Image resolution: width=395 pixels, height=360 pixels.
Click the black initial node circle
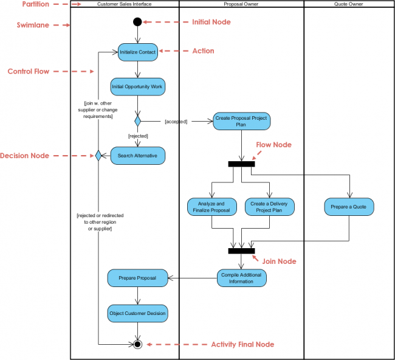coord(137,22)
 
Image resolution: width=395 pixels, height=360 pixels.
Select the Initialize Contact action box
coord(137,52)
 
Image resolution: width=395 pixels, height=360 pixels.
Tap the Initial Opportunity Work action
coord(137,87)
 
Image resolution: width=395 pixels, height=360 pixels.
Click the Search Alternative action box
coord(137,156)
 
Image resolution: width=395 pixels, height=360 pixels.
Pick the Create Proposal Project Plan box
coord(241,121)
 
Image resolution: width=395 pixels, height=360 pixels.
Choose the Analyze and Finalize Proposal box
coord(211,207)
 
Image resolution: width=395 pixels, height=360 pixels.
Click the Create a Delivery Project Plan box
coord(270,207)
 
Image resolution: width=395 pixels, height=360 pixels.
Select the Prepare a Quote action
coord(349,207)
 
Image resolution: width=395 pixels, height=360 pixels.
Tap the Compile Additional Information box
coord(241,278)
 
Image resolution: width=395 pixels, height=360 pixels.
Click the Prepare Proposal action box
coord(137,278)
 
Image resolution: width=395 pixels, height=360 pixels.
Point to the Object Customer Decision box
coord(137,314)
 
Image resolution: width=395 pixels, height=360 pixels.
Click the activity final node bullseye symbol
coord(137,344)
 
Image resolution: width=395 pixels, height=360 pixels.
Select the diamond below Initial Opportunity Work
coord(137,121)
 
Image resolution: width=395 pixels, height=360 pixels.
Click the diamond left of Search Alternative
coord(97,156)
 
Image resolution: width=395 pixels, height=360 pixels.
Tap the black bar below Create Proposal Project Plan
coord(241,164)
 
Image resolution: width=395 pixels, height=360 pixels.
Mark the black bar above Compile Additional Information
coord(241,251)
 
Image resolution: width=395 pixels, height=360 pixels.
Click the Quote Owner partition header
coord(349,4)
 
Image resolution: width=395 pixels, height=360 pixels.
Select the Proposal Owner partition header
coord(241,4)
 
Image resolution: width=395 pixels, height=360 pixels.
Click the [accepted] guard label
coord(176,122)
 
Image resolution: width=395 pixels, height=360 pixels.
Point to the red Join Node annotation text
coord(279,261)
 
